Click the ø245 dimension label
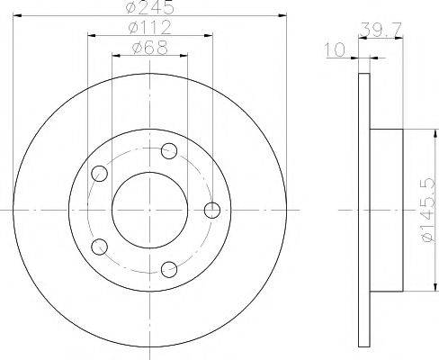point(149,7)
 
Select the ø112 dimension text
point(149,27)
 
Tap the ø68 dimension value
point(149,48)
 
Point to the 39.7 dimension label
point(381,29)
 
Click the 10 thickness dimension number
point(335,49)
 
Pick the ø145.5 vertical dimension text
point(427,210)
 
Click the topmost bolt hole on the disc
point(169,151)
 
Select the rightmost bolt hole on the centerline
point(212,210)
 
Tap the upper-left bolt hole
point(99,174)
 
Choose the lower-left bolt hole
point(99,247)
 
